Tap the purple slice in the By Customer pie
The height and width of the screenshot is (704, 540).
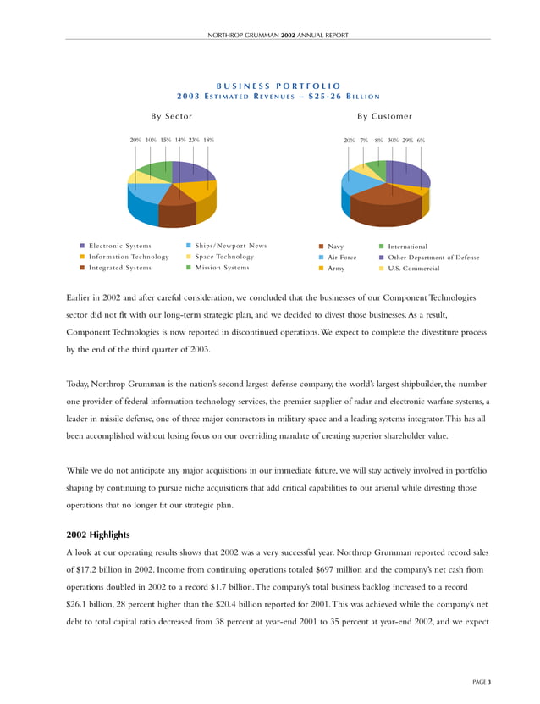tap(405, 173)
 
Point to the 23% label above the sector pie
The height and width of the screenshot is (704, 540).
tap(194, 140)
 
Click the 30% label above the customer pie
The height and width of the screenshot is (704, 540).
tap(393, 140)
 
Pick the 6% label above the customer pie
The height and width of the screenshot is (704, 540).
tap(421, 140)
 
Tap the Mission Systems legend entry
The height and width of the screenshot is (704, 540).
tap(222, 268)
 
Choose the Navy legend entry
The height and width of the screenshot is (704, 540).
tap(335, 246)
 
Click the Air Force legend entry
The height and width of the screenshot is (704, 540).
tap(342, 257)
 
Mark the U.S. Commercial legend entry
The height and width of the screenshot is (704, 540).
tap(413, 268)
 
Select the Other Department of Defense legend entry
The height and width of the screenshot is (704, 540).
tap(433, 257)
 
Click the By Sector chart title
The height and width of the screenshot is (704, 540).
tap(171, 116)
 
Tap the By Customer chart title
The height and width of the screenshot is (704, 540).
tap(384, 116)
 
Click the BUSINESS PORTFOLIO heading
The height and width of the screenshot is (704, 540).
tap(278, 86)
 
